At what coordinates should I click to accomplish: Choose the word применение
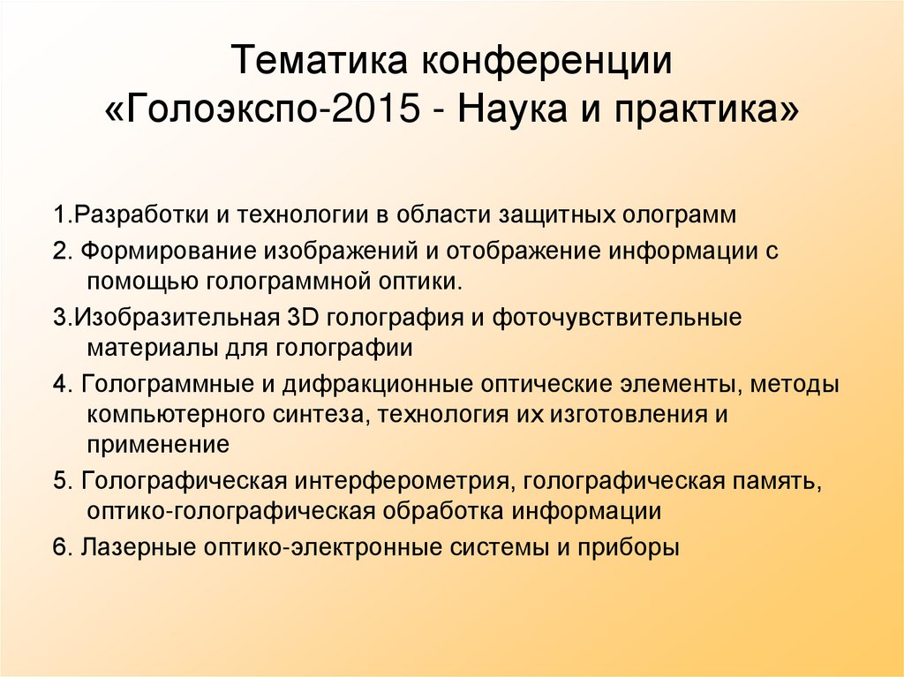(x=158, y=445)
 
